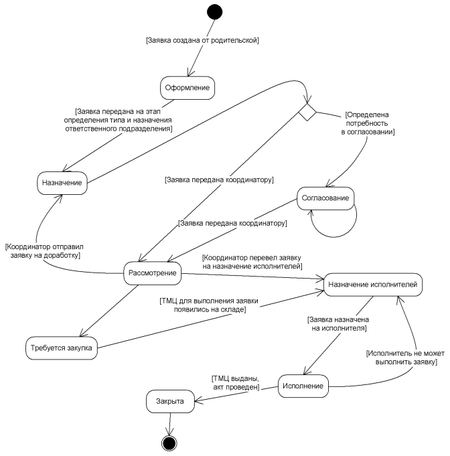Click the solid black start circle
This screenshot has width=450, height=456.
pos(214,12)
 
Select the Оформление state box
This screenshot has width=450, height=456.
pos(187,87)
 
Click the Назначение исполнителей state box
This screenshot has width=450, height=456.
pos(372,284)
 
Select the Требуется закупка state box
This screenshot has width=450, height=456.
pos(62,348)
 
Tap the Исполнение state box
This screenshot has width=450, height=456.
pos(305,386)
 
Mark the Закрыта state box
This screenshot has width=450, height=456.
pos(170,402)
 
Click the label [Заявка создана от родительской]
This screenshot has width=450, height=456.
pos(202,41)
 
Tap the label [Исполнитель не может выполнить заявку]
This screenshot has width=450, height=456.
pos(402,357)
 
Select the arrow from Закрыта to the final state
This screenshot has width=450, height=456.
pos(170,423)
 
